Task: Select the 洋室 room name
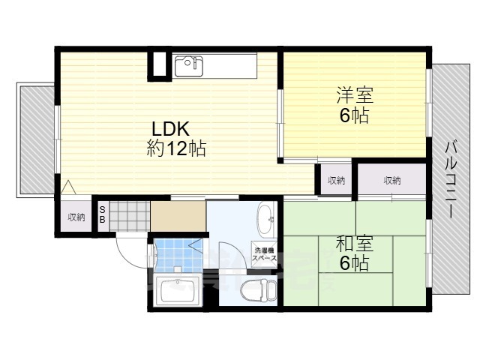(x=353, y=96)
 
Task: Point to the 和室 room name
(x=353, y=244)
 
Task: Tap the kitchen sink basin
(x=189, y=66)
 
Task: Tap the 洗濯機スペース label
(x=265, y=253)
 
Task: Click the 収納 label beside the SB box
(x=76, y=217)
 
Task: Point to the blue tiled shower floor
(x=171, y=255)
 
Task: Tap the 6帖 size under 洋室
(x=353, y=116)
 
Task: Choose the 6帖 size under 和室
(x=353, y=263)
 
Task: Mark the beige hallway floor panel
(x=178, y=217)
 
